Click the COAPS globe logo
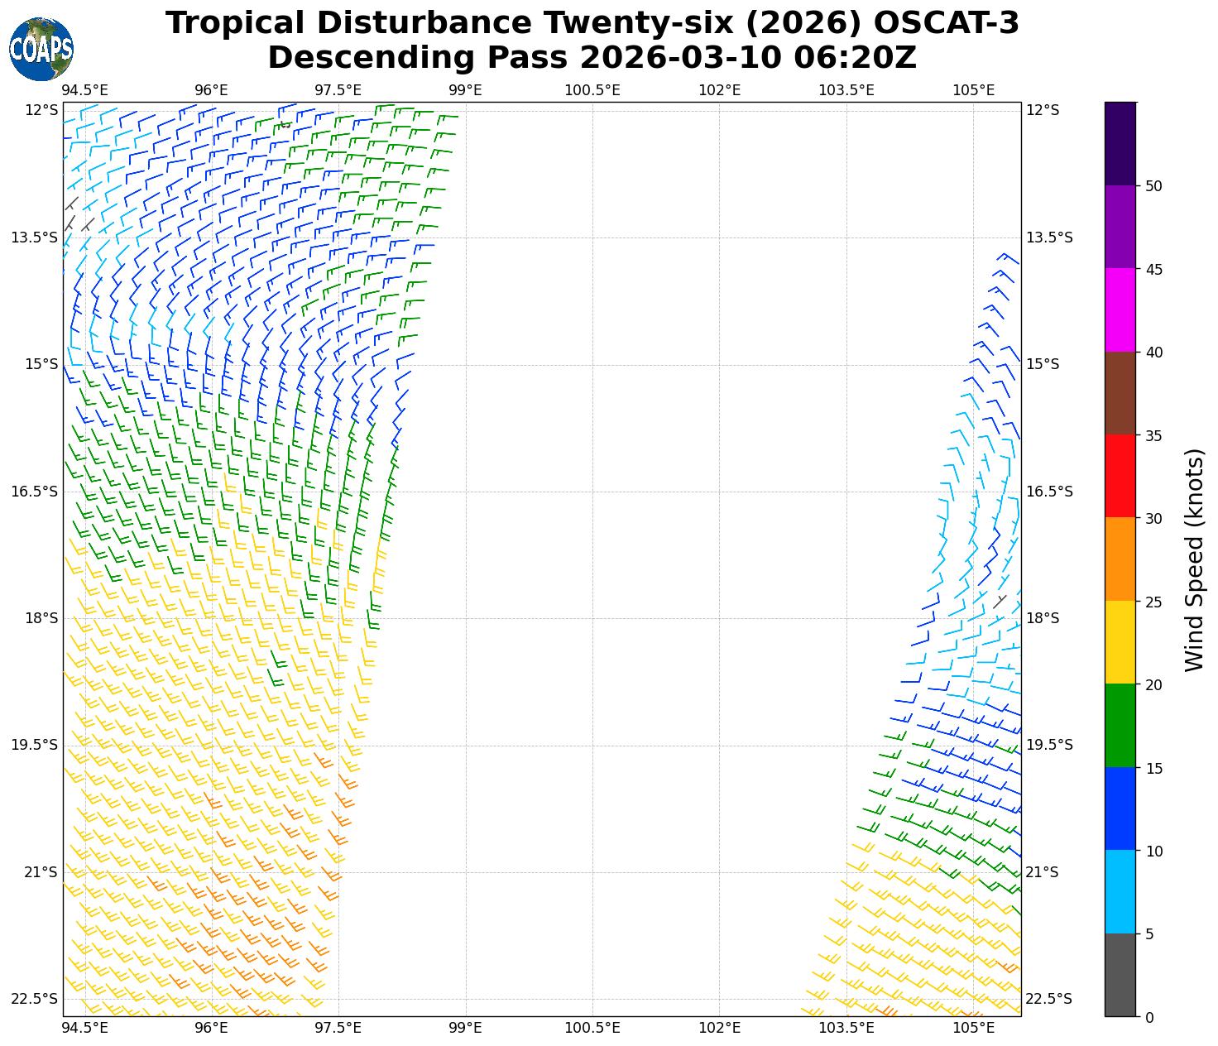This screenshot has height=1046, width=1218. tap(41, 50)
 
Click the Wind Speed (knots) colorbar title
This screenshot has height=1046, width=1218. tap(1194, 559)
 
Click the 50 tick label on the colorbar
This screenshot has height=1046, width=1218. tap(1153, 186)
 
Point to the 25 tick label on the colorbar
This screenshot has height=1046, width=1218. tap(1153, 602)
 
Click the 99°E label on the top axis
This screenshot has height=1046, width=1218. tap(465, 89)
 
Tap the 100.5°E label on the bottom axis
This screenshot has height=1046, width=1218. tap(592, 1028)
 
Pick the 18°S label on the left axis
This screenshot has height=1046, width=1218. tap(42, 618)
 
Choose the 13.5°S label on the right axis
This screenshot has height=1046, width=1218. tap(1049, 238)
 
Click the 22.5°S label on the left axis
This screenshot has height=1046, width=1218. tap(35, 999)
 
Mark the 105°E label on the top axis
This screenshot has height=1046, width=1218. tap(973, 89)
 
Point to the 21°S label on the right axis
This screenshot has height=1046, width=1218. tap(1043, 872)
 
